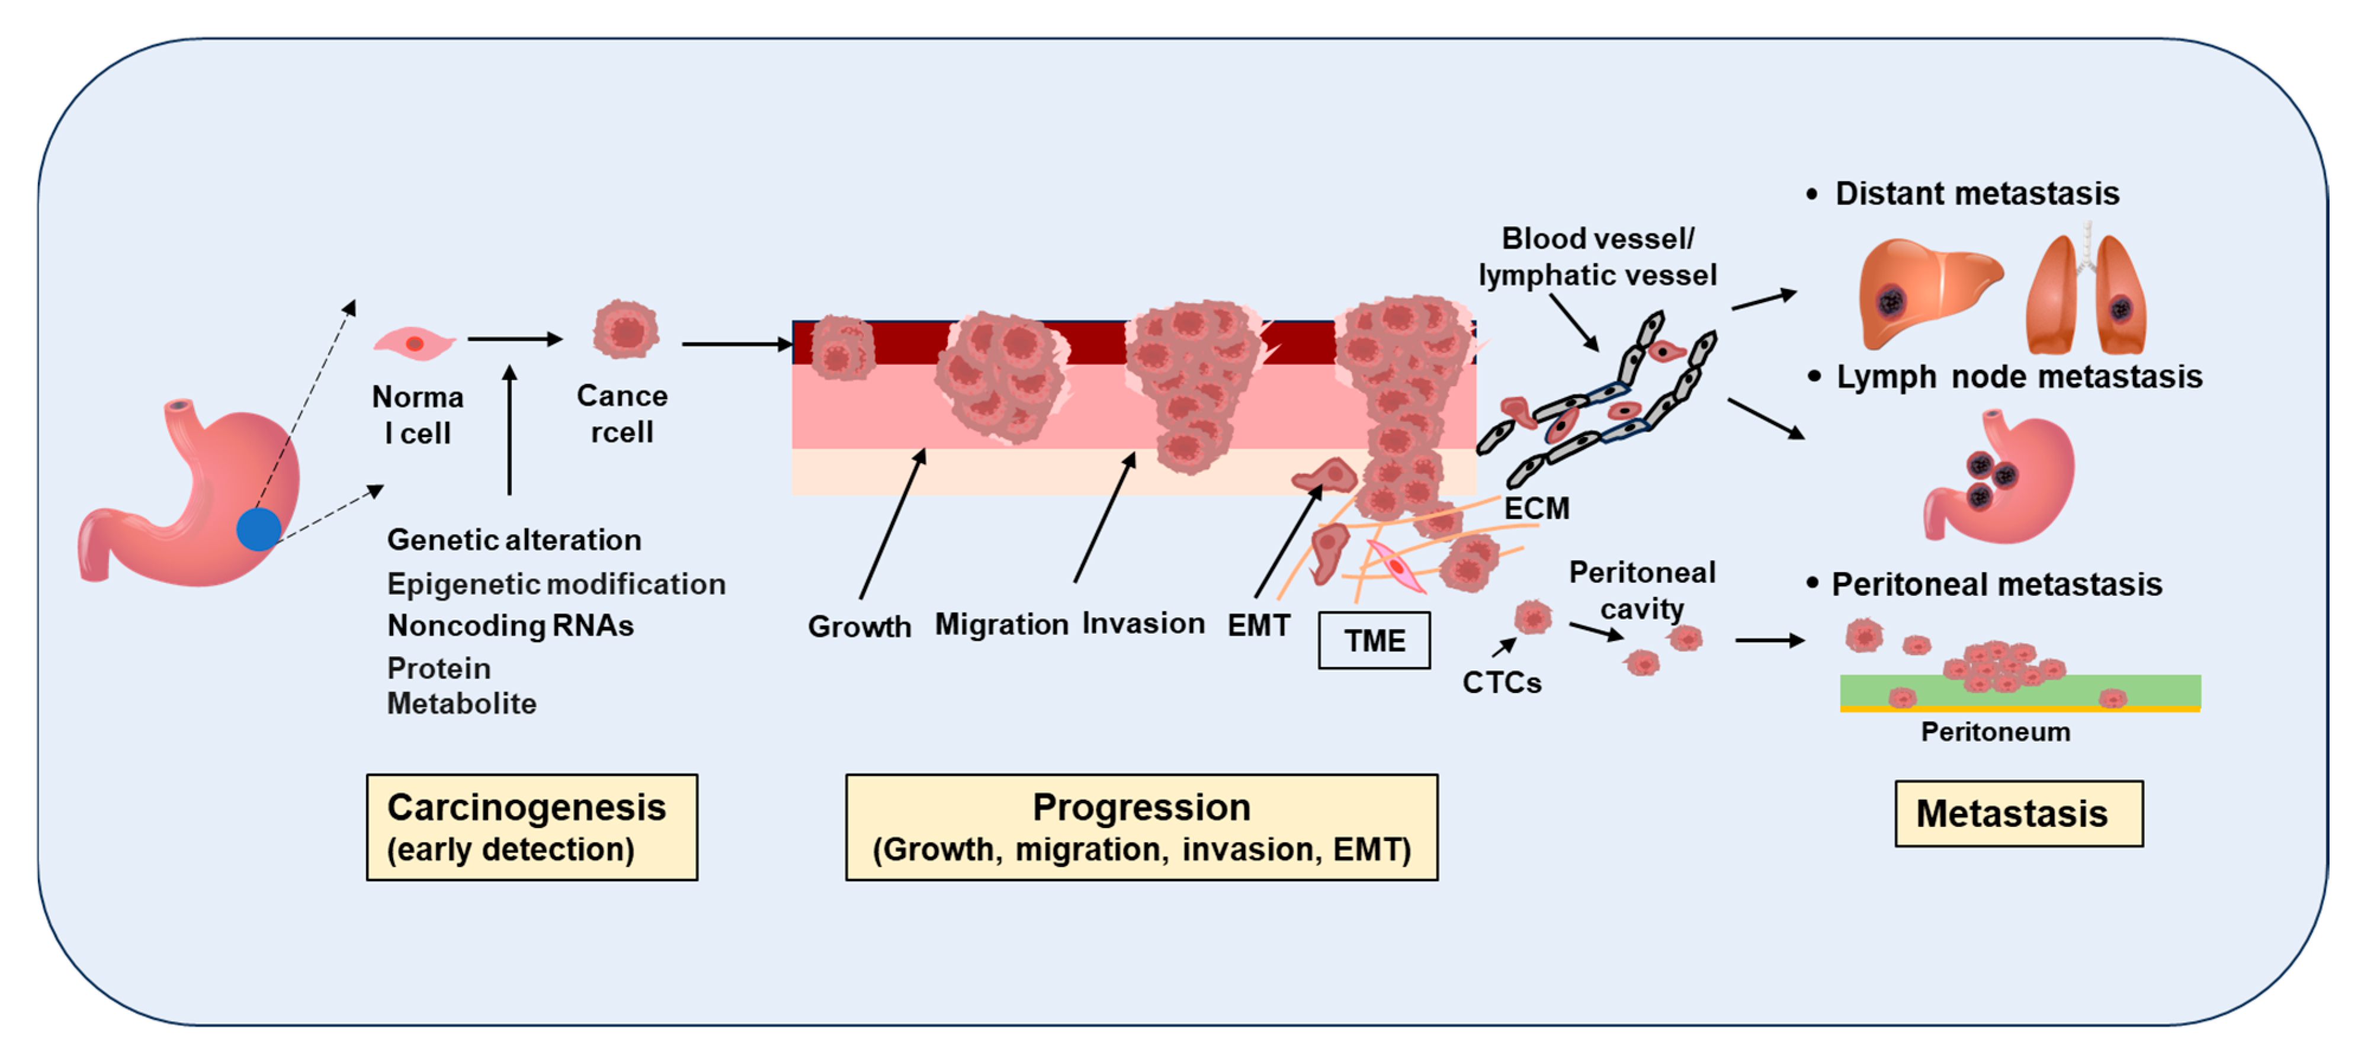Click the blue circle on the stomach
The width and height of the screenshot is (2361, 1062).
[258, 530]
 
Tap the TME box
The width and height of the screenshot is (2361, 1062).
[1374, 640]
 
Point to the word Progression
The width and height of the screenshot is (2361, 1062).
[1141, 807]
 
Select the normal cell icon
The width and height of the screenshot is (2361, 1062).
[414, 344]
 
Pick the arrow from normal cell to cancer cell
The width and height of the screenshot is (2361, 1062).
[514, 339]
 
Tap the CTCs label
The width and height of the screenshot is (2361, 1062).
[1502, 683]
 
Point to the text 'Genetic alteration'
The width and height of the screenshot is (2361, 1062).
[514, 540]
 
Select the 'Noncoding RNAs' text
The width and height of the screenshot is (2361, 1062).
[511, 626]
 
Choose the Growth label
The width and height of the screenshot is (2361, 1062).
[859, 627]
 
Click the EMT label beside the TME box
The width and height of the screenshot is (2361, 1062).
[1259, 626]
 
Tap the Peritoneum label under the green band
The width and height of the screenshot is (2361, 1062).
[1996, 732]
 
